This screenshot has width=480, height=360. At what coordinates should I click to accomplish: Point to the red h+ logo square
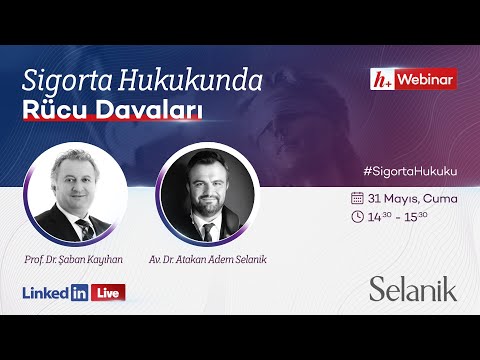pos(379,79)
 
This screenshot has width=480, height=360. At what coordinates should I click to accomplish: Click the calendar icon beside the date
pos(357,198)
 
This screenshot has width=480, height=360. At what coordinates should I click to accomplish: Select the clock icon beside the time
pos(357,216)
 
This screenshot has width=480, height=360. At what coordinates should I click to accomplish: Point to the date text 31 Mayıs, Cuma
pos(412,198)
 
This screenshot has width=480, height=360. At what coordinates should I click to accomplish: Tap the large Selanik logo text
pos(412,290)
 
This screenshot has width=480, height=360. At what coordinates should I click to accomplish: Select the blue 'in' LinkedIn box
pos(79,293)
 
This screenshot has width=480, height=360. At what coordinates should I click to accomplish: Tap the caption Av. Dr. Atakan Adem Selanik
pos(208,259)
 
